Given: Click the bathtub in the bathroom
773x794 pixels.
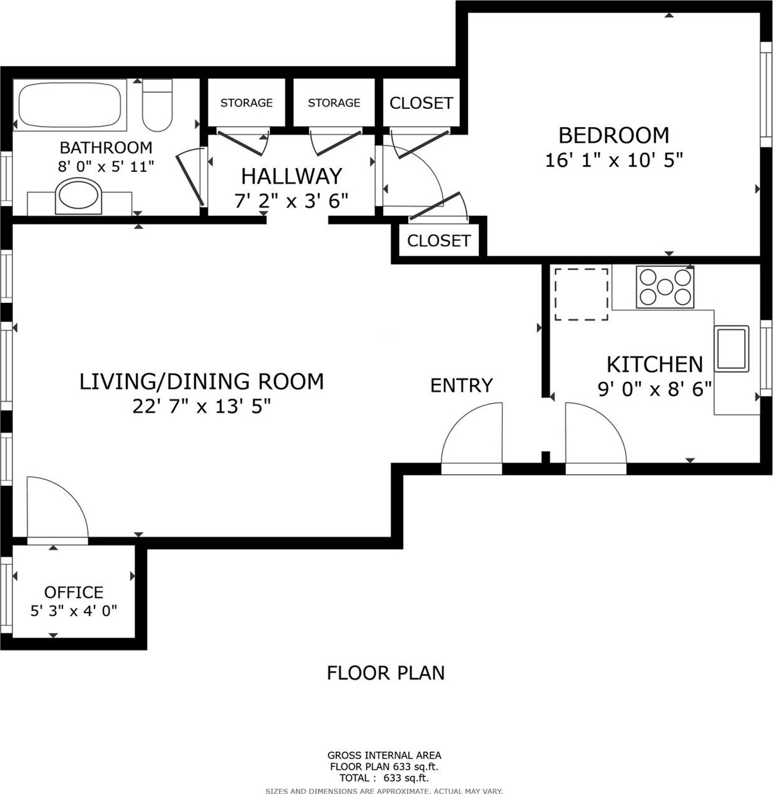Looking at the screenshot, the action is (x=70, y=105).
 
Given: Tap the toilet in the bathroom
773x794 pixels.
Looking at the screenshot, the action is (x=157, y=105).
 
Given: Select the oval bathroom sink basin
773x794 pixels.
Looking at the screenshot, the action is (x=78, y=195).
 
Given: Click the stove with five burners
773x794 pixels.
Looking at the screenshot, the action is (x=665, y=287).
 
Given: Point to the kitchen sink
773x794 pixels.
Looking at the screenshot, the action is (x=731, y=348).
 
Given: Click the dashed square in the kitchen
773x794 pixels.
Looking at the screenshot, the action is (x=581, y=294).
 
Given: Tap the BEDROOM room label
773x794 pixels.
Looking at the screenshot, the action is (x=614, y=135).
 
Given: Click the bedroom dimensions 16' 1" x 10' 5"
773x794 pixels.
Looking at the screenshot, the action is (x=614, y=159).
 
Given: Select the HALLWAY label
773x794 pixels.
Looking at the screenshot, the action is (x=292, y=176).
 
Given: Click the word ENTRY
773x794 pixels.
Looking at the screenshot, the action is (x=462, y=385).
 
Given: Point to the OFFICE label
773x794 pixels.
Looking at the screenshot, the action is (x=74, y=592).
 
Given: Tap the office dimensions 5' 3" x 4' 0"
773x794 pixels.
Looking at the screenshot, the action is (x=74, y=611).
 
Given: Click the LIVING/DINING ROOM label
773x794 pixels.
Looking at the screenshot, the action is (x=202, y=382).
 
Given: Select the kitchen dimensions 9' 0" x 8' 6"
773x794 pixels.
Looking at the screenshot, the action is (x=655, y=389).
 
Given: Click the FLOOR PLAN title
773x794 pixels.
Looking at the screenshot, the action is (x=386, y=673).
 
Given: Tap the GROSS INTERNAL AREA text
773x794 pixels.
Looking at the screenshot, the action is (x=384, y=755).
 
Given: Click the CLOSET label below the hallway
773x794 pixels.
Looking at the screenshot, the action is (x=438, y=241).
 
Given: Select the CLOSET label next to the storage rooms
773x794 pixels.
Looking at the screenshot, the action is (x=421, y=103).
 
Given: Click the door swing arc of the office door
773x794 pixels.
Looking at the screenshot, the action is (x=70, y=495).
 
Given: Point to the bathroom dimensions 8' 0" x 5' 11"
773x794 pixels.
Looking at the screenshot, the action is (x=106, y=166).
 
